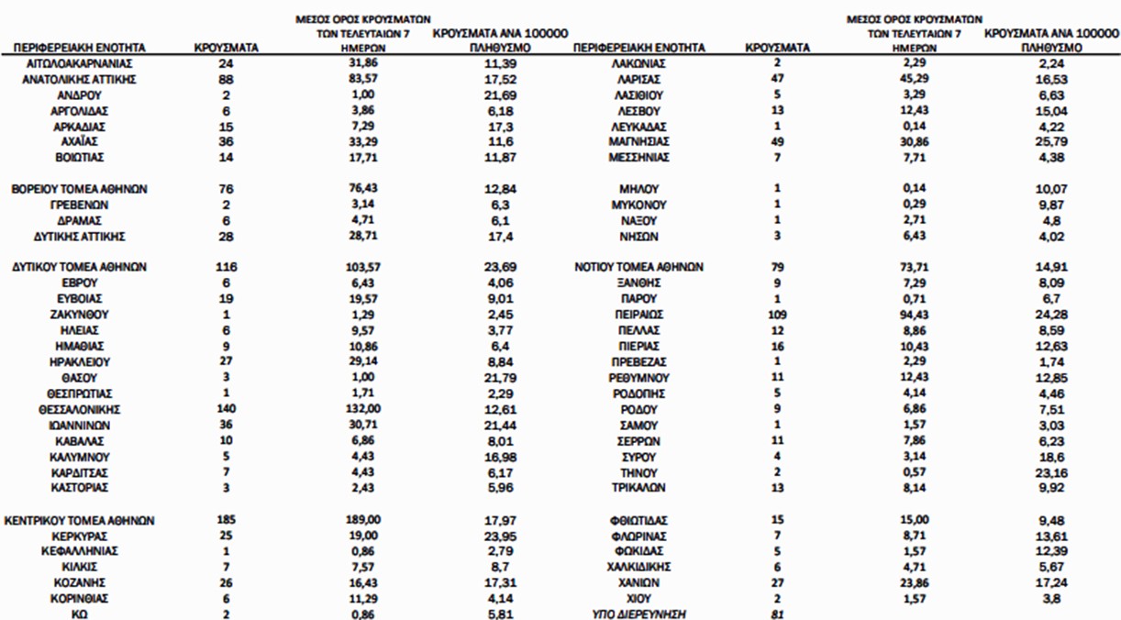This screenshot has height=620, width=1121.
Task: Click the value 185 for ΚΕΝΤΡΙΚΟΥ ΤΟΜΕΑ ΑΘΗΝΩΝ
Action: [225, 520]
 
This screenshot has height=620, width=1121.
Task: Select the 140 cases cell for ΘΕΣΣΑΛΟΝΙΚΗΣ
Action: [225, 409]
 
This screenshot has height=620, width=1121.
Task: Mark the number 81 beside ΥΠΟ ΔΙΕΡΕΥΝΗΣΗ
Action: [777, 614]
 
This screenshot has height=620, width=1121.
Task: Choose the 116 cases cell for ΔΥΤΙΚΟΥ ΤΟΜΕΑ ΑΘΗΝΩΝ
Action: [225, 267]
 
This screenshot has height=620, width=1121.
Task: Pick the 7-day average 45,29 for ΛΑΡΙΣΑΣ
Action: [905, 79]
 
